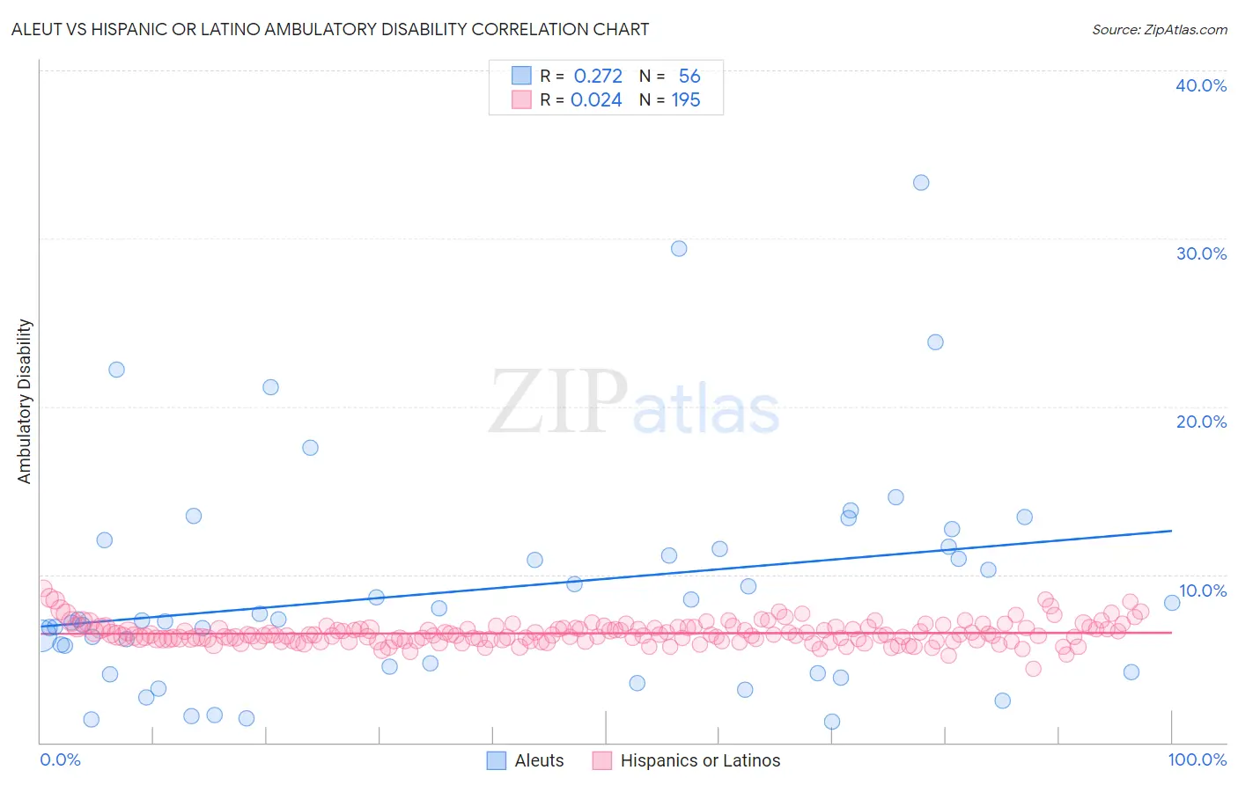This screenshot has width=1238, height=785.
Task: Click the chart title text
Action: (x=330, y=29)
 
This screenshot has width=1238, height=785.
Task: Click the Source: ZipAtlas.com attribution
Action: (x=1159, y=29)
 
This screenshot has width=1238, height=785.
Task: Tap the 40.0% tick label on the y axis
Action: (x=1200, y=85)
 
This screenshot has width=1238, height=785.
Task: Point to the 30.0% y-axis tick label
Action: (x=1200, y=253)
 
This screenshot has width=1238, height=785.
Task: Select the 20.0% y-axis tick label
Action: (x=1200, y=422)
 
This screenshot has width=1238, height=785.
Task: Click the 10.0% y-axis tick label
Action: (x=1202, y=591)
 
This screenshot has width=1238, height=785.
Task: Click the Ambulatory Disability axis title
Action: (x=25, y=401)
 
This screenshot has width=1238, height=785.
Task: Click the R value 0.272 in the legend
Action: (x=598, y=77)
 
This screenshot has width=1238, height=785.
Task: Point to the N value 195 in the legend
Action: (x=686, y=100)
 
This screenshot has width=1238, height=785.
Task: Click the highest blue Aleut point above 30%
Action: (x=921, y=183)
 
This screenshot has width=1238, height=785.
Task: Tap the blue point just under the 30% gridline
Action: (x=679, y=249)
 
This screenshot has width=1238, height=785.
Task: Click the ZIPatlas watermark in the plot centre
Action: (x=634, y=403)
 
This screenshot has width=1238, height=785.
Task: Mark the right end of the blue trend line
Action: (x=1171, y=531)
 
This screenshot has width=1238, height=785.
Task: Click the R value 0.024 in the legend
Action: (x=596, y=100)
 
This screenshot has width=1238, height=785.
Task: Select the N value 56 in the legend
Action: (x=689, y=77)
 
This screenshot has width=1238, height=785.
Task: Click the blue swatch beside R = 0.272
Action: (x=521, y=76)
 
